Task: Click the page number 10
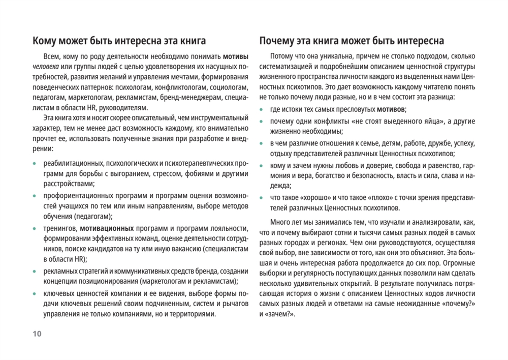[37, 334]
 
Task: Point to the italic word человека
[45, 67]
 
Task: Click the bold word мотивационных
[107, 229]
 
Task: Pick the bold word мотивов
[391, 109]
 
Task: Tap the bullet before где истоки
[262, 110]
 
